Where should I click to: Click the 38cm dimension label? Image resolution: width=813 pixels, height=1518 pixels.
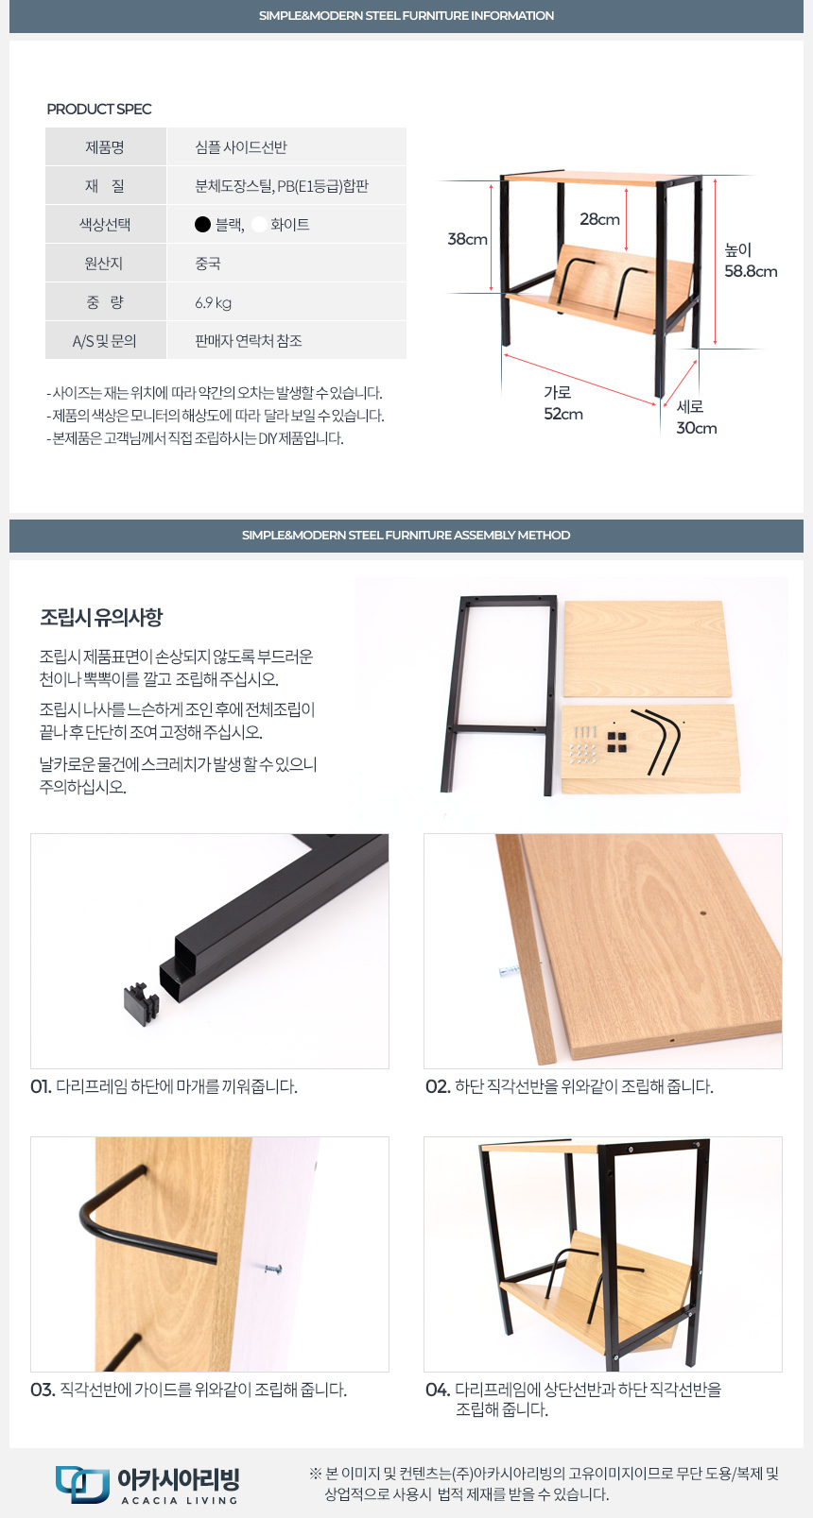click(x=467, y=239)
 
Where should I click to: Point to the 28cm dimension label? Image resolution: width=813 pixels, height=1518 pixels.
click(x=599, y=219)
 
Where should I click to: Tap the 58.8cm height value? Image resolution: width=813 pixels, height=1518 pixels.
click(x=751, y=271)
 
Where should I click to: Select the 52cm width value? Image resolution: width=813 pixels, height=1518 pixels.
click(x=562, y=414)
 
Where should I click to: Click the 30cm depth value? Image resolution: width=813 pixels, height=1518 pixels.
click(x=697, y=428)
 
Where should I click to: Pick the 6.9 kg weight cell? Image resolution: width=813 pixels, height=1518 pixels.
click(x=213, y=303)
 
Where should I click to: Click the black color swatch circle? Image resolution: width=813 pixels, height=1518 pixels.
click(x=202, y=224)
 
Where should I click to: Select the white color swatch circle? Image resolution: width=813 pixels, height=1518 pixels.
click(x=258, y=224)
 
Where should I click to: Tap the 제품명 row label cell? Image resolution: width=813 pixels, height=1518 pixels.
click(x=105, y=147)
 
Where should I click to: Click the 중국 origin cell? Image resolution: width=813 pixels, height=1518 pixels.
click(x=207, y=264)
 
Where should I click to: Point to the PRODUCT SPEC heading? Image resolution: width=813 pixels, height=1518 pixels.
click(x=99, y=110)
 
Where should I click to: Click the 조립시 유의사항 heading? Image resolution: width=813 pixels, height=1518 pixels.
click(x=101, y=617)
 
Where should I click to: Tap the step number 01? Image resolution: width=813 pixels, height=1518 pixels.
click(x=41, y=1086)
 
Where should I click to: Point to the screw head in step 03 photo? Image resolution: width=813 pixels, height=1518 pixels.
click(x=272, y=1268)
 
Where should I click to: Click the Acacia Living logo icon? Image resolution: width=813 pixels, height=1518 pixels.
click(x=82, y=1483)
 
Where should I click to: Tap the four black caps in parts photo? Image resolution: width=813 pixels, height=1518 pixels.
click(x=616, y=742)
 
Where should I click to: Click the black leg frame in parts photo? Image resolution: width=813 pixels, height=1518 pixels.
click(x=498, y=694)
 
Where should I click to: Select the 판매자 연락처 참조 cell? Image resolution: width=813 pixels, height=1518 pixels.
click(x=249, y=341)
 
